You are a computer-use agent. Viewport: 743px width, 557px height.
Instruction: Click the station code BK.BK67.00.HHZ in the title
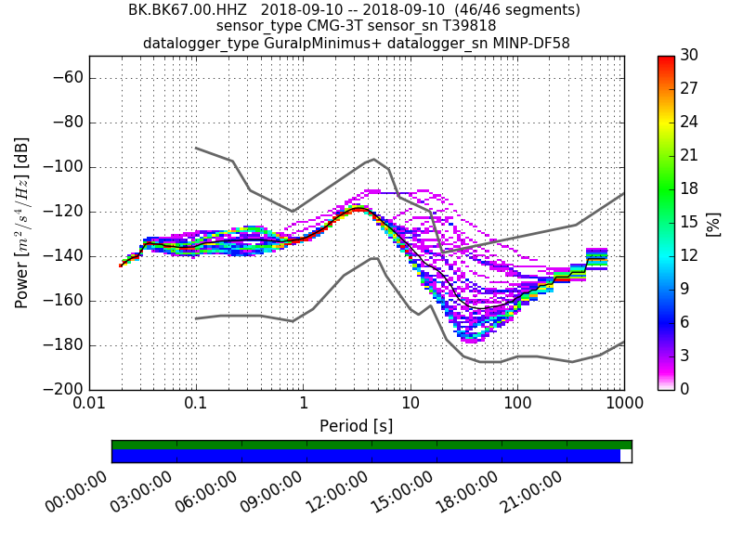188,10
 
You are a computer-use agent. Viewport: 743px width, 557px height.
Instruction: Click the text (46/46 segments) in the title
502,10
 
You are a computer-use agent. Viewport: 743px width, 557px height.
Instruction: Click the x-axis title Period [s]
356,426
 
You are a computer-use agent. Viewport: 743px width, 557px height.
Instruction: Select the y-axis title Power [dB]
21,223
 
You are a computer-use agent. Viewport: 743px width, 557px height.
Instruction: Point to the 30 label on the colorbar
689,56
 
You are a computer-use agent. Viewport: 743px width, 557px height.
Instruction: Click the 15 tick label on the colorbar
689,222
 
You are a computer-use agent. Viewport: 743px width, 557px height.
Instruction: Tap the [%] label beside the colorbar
713,223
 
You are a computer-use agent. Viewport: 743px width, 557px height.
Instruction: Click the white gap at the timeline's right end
626,456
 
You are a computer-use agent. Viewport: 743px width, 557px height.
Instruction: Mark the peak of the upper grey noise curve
373,159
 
